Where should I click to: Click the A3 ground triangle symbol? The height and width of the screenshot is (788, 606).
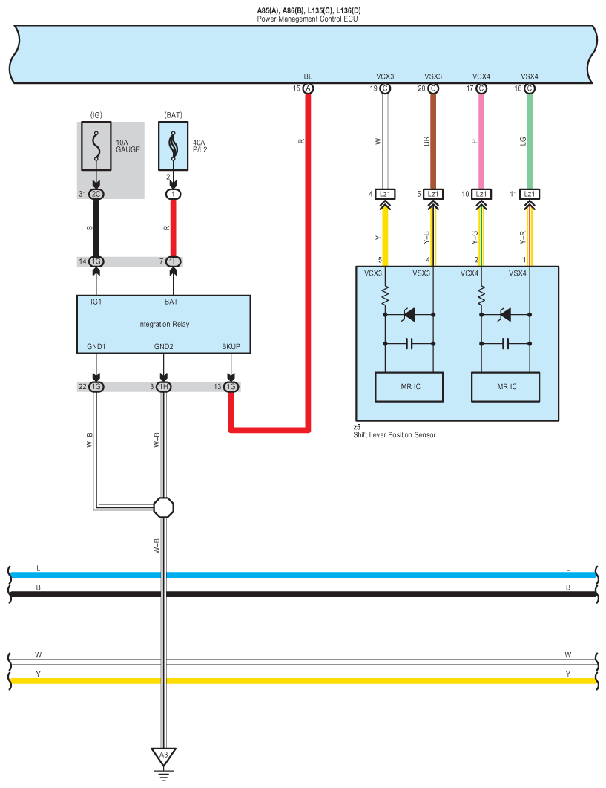point(164,756)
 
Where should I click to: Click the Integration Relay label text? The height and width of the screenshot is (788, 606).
point(164,324)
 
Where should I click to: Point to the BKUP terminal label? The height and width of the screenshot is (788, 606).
point(231,346)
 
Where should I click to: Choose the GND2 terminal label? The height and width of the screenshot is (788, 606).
point(164,346)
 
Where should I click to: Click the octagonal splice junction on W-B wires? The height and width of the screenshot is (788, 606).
point(164,507)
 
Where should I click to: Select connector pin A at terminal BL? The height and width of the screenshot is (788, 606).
point(309,89)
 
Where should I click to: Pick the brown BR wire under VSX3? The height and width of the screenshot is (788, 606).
point(433,141)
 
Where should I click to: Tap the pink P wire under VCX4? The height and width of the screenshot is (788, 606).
point(481,141)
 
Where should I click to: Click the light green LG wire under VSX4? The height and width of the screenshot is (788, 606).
point(530,141)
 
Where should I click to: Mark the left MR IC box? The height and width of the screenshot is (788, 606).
point(409,387)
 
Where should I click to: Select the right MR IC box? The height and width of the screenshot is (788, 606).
point(506,387)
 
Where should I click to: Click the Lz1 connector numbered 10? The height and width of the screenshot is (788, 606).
point(481,195)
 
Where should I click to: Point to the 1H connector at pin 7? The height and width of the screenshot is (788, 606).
point(173,261)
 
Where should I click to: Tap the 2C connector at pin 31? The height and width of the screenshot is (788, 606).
point(96,195)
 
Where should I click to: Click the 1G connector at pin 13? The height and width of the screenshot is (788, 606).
point(231,387)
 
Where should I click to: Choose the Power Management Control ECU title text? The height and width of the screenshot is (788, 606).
point(307,18)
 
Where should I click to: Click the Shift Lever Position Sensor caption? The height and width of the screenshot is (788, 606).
point(394,435)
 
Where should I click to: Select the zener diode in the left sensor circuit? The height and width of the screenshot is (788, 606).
point(409,315)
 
